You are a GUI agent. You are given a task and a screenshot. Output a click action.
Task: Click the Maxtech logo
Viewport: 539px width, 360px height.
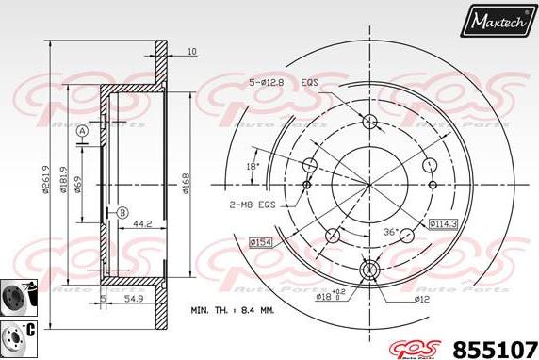pos(497,20)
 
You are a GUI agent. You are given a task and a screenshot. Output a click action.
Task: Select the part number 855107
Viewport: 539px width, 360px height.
pos(497,345)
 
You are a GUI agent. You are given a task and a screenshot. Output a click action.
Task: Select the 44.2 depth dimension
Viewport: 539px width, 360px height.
pos(144,224)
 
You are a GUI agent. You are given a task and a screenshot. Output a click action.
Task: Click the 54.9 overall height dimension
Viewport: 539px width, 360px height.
pos(135,299)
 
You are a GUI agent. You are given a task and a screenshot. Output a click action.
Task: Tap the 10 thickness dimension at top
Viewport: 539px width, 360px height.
pos(191,51)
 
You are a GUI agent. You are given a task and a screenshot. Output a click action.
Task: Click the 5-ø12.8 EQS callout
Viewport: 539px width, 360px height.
pos(285,83)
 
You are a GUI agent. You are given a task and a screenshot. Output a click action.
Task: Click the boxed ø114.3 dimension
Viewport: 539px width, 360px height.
pos(443,223)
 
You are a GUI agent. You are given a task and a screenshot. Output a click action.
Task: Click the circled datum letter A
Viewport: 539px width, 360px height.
pos(83,130)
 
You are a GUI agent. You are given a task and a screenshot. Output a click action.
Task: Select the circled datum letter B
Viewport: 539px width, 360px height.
pos(122,212)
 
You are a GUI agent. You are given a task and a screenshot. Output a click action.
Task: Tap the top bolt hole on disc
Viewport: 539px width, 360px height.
pos(369,121)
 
